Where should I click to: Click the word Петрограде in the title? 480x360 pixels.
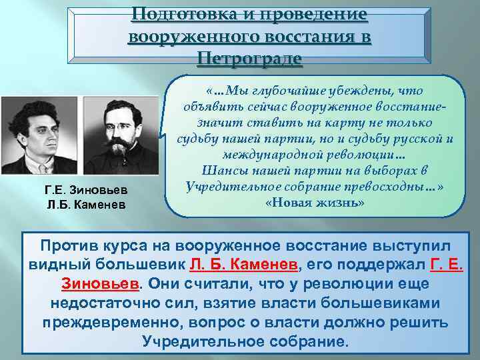[249, 59]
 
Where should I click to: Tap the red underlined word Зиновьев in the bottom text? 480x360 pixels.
[99, 283]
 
